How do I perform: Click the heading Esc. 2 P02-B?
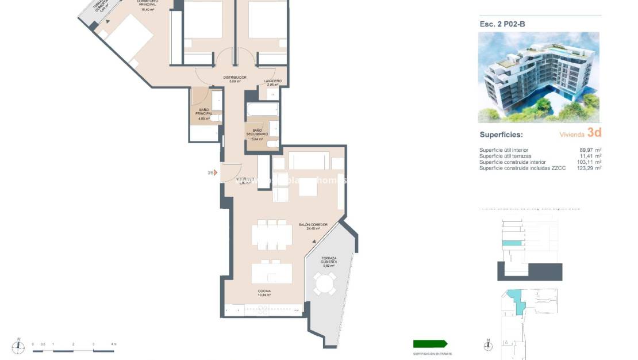tap(502, 24)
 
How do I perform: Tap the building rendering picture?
tap(539, 77)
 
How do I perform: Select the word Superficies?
tap(501, 135)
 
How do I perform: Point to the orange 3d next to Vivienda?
tap(594, 133)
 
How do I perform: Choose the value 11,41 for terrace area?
tap(586, 156)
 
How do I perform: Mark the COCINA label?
tap(264, 293)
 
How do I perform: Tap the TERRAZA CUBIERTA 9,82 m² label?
tap(329, 262)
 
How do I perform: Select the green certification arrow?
tap(430, 344)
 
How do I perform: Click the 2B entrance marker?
tap(211, 172)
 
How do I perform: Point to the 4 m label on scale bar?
tap(113, 344)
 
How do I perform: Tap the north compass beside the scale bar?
tap(20, 345)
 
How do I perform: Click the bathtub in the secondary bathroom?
tap(262, 109)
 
